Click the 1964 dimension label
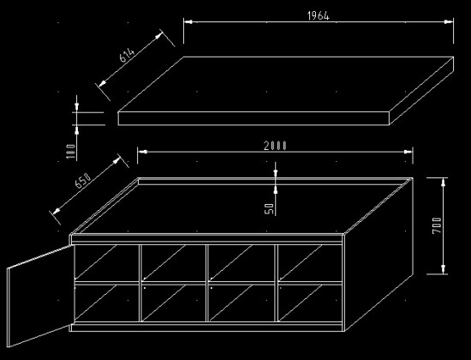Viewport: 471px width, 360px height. tap(319, 15)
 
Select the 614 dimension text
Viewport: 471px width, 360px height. tap(128, 55)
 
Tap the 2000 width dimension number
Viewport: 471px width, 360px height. tap(275, 146)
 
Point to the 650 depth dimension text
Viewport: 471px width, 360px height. tap(82, 181)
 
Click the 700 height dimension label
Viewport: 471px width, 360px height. tap(437, 225)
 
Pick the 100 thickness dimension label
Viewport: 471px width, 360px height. tap(70, 152)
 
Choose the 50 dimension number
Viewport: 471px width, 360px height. tap(270, 209)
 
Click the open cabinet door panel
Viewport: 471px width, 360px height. tap(39, 296)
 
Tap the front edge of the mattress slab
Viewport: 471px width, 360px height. tap(253, 118)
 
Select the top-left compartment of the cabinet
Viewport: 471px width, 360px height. tap(107, 263)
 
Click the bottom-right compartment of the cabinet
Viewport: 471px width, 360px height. tap(310, 303)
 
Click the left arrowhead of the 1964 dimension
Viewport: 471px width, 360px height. tap(188, 21)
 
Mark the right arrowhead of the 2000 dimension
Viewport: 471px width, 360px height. tap(408, 152)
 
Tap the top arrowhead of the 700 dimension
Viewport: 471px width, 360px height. tap(444, 183)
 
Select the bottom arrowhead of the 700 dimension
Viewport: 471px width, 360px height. tap(444, 269)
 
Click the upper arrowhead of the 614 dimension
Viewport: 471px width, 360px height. tap(159, 35)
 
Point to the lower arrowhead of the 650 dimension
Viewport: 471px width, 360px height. tap(57, 211)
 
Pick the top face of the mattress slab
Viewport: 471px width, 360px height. tap(285, 85)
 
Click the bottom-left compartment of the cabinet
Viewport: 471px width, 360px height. tap(107, 303)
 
